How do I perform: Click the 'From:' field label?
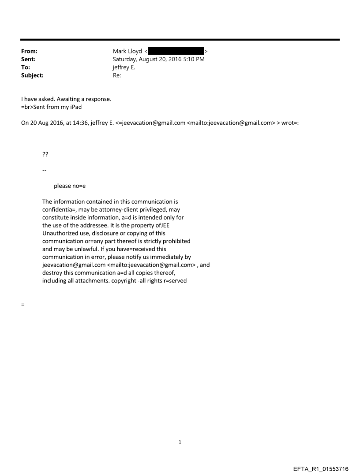tap(29, 52)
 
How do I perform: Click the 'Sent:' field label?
tap(29, 59)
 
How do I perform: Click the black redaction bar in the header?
tap(176, 52)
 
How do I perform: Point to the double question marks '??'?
tap(45, 154)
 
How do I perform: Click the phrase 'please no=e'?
tap(70, 186)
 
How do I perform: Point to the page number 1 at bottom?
tap(180, 442)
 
